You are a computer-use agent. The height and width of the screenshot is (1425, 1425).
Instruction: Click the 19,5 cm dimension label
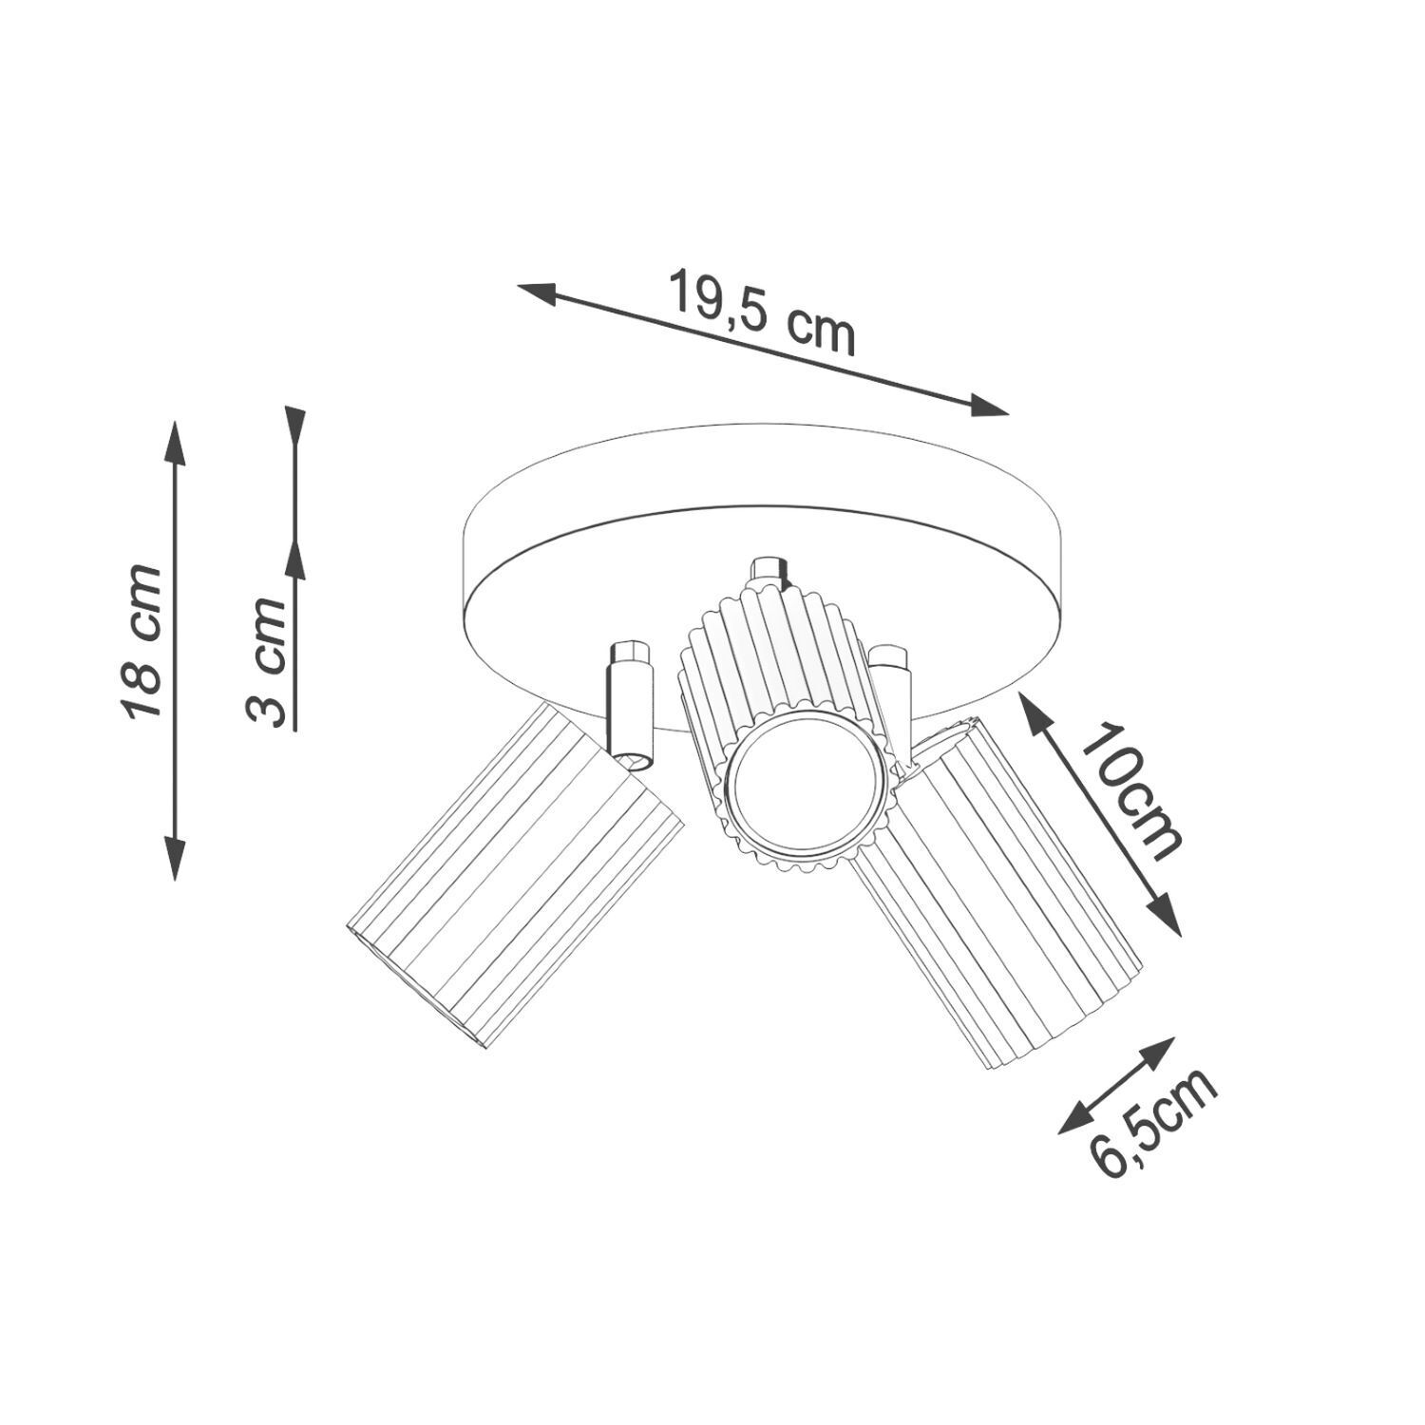pyautogui.click(x=761, y=313)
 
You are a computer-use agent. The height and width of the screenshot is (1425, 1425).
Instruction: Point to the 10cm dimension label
pyautogui.click(x=1130, y=790)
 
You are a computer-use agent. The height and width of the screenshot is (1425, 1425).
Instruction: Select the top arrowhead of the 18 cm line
pyautogui.click(x=174, y=442)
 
